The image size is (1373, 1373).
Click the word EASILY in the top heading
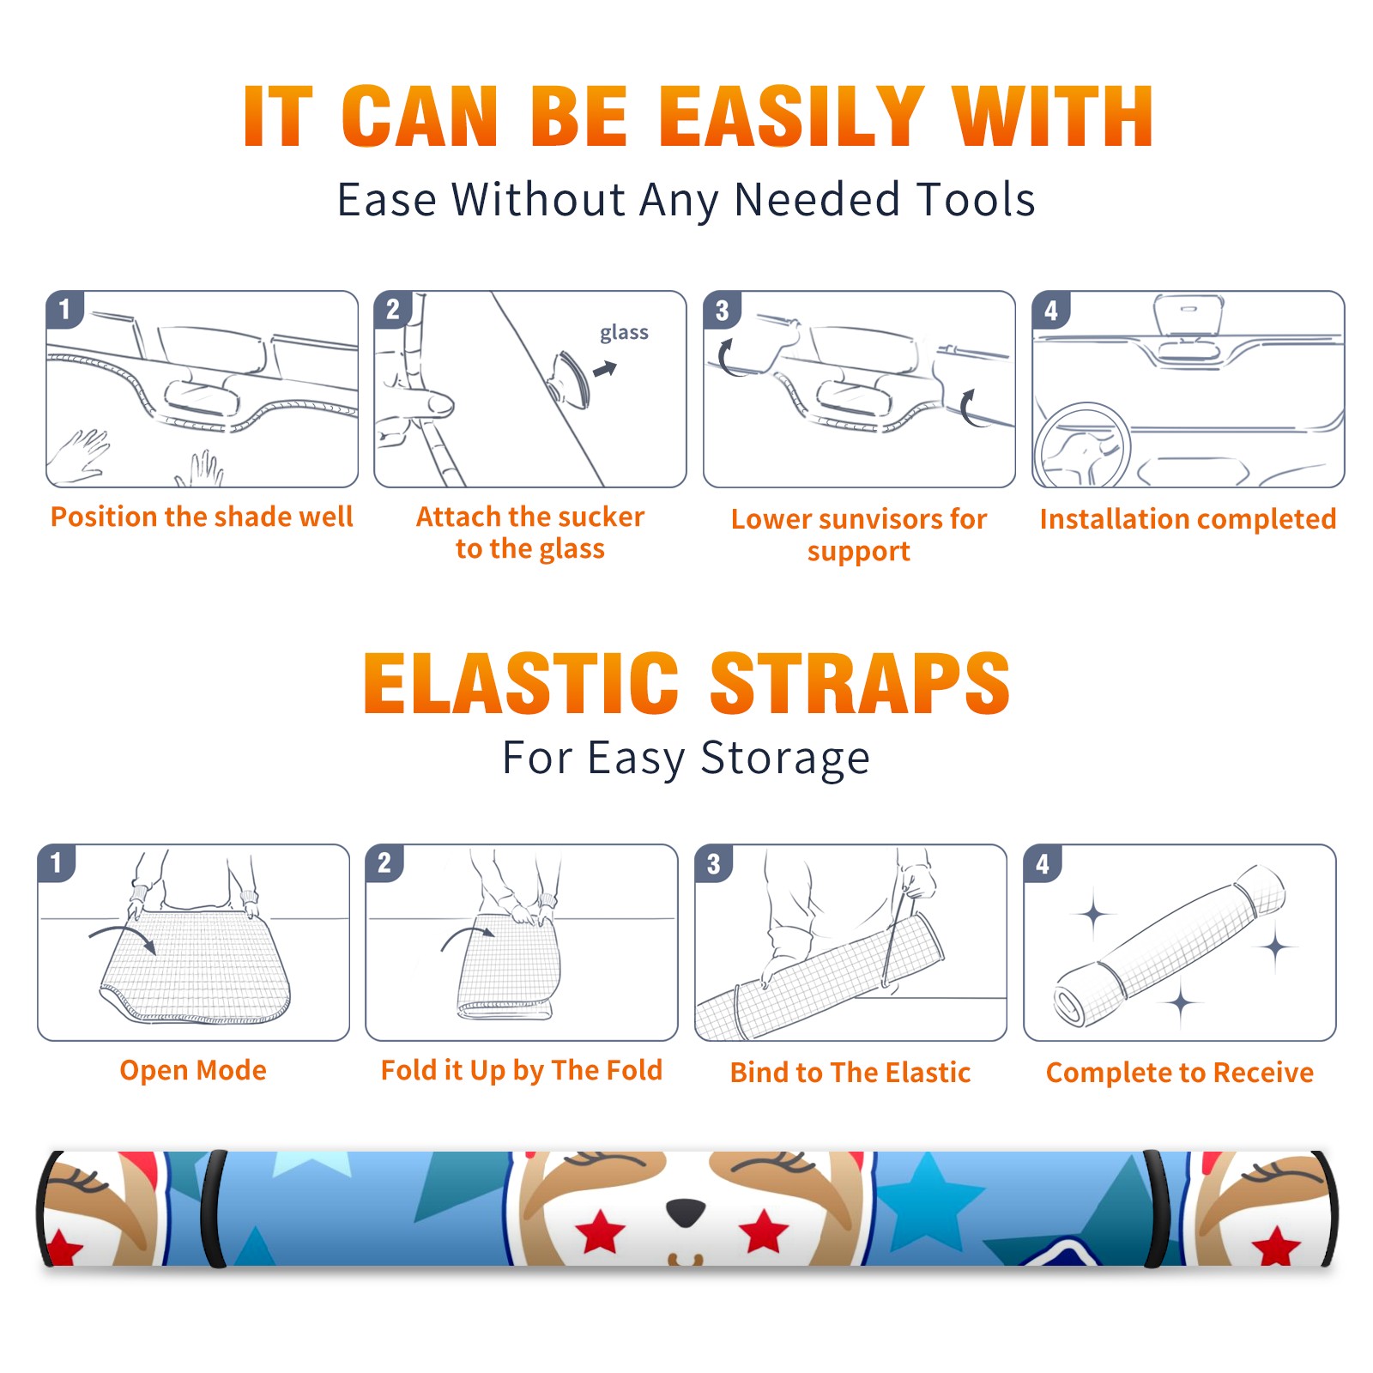pos(792,117)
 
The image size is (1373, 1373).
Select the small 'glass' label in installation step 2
pos(624,333)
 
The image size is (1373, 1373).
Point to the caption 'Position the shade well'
pos(202,517)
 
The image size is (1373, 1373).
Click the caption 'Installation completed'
pos(1188,518)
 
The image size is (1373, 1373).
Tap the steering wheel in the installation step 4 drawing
pos(1083,446)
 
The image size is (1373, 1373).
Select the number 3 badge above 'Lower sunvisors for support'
pos(722,311)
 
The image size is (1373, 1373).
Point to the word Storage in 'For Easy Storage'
pos(785,759)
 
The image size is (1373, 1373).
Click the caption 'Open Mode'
pos(193,1070)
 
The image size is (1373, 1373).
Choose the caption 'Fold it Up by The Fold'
pos(522,1070)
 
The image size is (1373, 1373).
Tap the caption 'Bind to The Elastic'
pos(850,1073)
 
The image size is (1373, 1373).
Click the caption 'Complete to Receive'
pos(1180,1073)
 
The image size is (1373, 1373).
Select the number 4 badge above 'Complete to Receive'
pos(1043,864)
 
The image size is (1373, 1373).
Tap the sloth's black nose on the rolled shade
pos(686,1212)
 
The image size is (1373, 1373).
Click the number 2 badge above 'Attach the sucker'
pos(393,310)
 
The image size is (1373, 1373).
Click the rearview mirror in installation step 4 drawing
pos(1189,314)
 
